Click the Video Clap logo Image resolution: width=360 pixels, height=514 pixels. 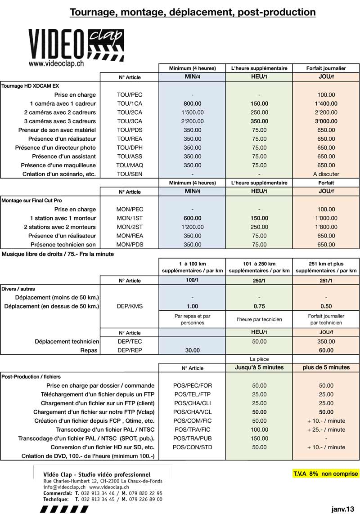pyautogui.click(x=76, y=44)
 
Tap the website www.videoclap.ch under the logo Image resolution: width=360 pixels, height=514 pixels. pyautogui.click(x=56, y=64)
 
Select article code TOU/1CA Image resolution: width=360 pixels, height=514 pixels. pyautogui.click(x=130, y=103)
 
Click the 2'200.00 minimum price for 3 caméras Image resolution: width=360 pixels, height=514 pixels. pyautogui.click(x=192, y=121)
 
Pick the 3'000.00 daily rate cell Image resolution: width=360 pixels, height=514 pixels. pyautogui.click(x=326, y=121)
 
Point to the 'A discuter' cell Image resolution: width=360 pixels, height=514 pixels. pyautogui.click(x=326, y=174)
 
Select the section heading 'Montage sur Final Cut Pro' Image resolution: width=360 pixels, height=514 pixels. pyautogui.click(x=32, y=200)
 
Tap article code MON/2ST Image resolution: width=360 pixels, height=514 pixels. pyautogui.click(x=130, y=227)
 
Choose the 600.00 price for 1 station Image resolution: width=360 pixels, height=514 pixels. pyautogui.click(x=192, y=218)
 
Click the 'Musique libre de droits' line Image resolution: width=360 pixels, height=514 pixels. pyautogui.click(x=58, y=254)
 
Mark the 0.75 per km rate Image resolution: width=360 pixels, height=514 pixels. pyautogui.click(x=259, y=306)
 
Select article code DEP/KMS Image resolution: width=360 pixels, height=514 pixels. pyautogui.click(x=130, y=306)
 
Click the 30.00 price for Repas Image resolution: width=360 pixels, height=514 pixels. pyautogui.click(x=192, y=350)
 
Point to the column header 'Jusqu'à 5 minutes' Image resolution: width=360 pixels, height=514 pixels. pyautogui.click(x=259, y=367)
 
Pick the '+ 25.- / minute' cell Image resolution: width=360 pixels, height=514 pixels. pyautogui.click(x=326, y=429)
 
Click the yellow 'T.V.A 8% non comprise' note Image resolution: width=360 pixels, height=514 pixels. pyautogui.click(x=326, y=474)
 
